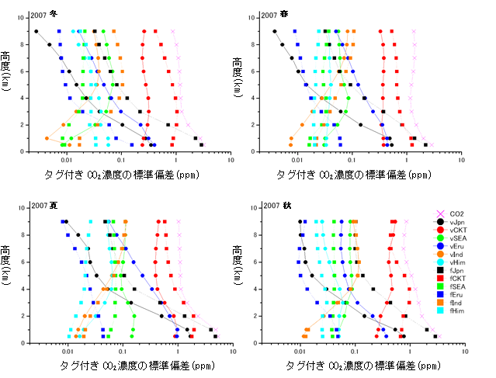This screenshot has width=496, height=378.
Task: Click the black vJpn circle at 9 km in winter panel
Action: [36, 32]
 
